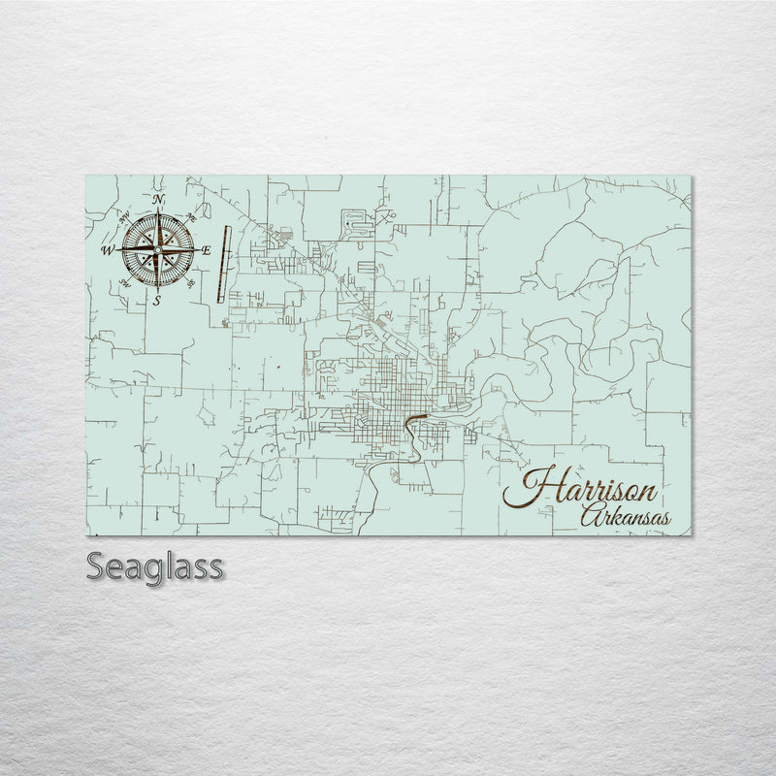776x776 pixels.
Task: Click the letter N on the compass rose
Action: [x=157, y=200]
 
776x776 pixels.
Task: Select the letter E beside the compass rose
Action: [x=206, y=250]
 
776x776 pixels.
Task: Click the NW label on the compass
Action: [x=123, y=217]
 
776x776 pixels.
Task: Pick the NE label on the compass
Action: [x=191, y=217]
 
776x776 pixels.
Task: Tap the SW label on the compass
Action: [x=123, y=284]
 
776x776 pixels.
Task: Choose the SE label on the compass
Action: [x=190, y=283]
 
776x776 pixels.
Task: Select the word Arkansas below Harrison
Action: [x=624, y=517]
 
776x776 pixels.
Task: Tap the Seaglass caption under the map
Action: [x=155, y=566]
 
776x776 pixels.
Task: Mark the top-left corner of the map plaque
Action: [x=86, y=177]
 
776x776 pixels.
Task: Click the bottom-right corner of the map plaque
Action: [x=692, y=534]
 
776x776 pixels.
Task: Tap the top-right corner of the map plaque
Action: [x=692, y=177]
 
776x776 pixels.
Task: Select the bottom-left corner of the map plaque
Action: [x=86, y=534]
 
